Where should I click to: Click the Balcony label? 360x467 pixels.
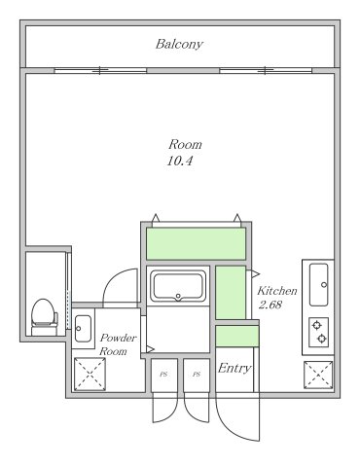tap(179, 44)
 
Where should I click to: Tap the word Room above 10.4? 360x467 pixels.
tap(185, 144)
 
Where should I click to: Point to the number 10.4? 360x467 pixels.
tap(180, 161)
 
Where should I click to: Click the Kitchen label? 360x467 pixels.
tap(277, 291)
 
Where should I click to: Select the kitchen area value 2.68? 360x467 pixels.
tap(270, 305)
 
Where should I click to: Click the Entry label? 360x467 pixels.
tap(234, 368)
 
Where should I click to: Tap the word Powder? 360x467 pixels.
tap(118, 338)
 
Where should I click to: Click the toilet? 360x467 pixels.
tap(45, 317)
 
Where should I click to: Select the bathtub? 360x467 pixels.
tap(178, 286)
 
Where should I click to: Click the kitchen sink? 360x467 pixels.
tap(318, 285)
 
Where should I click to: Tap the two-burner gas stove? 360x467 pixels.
tap(319, 333)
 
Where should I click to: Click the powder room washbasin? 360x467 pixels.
tap(83, 329)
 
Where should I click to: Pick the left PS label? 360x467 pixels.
tap(163, 375)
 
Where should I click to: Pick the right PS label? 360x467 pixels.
tap(197, 375)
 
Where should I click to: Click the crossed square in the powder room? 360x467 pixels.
tap(90, 374)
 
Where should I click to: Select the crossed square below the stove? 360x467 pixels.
tap(318, 375)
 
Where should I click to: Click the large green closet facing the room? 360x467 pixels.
tap(196, 243)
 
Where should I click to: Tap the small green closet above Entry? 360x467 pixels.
tap(237, 336)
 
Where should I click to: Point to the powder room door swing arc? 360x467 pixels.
tap(109, 281)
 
